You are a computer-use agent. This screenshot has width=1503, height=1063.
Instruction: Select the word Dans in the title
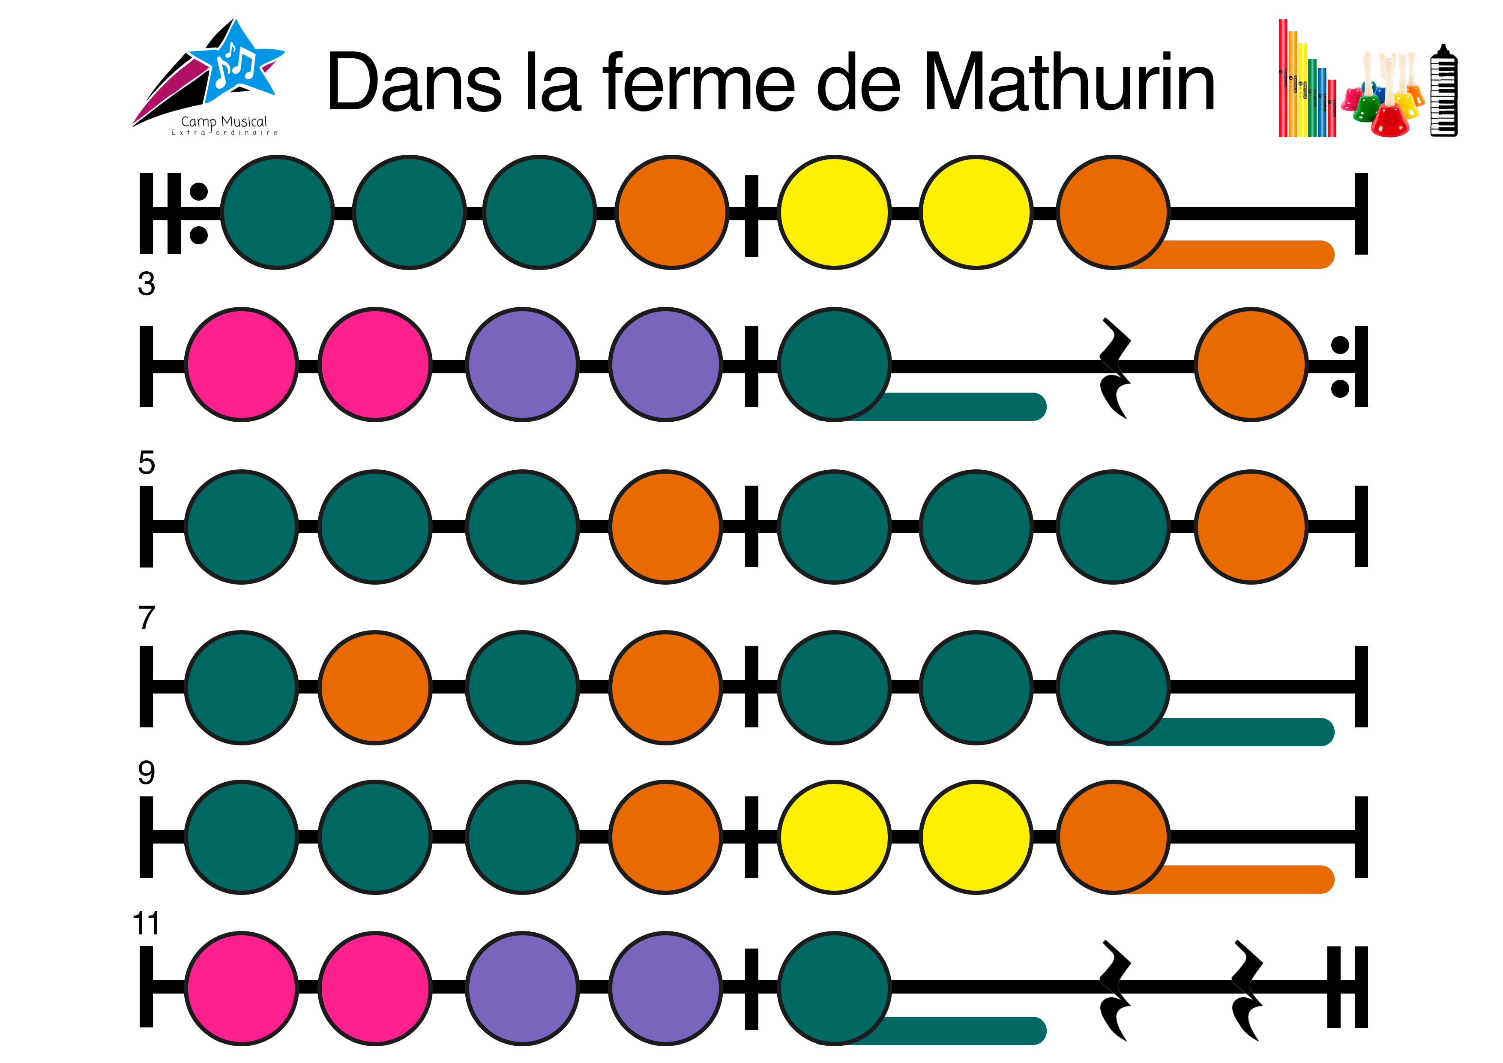coord(414,83)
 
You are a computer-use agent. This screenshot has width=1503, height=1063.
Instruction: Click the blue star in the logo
coord(237,63)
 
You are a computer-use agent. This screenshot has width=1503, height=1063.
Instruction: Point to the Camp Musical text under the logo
coord(224,122)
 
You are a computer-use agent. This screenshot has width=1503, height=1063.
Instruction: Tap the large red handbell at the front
coord(1389,118)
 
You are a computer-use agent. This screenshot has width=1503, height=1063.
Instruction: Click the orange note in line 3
coord(1250,364)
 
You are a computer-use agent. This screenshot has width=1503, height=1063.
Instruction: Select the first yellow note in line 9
coord(834,837)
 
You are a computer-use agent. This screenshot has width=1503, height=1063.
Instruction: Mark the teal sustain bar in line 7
coord(1244,732)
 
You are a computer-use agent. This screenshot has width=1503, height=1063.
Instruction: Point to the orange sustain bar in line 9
coord(1244,879)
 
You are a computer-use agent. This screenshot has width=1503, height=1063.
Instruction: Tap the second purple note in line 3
coord(665,364)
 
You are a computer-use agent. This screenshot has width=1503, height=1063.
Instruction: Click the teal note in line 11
coord(834,988)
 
